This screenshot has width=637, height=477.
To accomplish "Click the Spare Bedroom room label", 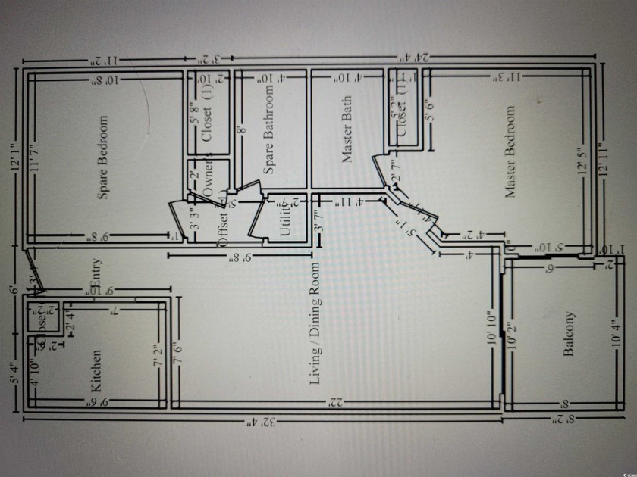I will [103, 157].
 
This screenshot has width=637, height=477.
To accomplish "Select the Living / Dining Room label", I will [315, 324].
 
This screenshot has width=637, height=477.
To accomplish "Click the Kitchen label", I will [96, 369].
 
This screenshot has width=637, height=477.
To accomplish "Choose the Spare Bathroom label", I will [268, 129].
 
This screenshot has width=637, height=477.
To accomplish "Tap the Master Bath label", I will [347, 129].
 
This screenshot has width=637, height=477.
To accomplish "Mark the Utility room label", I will [285, 217].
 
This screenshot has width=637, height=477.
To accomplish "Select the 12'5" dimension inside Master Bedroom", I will [582, 161].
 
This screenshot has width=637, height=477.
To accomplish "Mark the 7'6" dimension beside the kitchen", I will [177, 355].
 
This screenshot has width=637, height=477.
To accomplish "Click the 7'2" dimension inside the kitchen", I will [158, 355].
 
